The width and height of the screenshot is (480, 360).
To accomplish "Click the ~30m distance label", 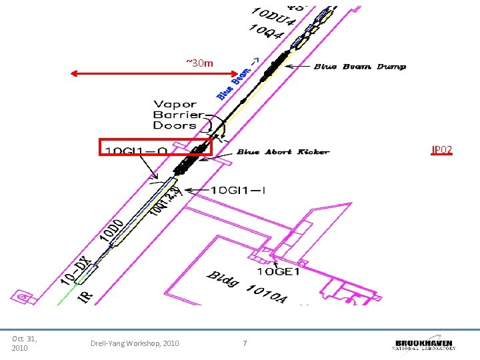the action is tap(199, 63).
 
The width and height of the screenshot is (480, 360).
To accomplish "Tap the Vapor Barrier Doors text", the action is tap(175, 115).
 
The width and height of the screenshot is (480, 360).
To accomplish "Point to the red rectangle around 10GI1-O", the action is tap(155, 147).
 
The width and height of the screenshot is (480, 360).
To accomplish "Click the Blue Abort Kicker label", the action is tap(283, 152).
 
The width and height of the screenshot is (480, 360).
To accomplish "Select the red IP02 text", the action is tap(442, 151).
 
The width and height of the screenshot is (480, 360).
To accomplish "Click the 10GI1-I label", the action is tap(239, 191).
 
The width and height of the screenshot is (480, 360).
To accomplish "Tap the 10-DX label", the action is tap(75, 269).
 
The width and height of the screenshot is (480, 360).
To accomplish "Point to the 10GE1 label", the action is tap(279, 271).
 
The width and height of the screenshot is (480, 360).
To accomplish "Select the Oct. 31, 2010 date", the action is tap(25, 343).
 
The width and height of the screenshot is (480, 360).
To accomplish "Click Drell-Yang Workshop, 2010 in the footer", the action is tap(135, 343).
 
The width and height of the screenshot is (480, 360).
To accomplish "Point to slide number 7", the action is tap(245, 343).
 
